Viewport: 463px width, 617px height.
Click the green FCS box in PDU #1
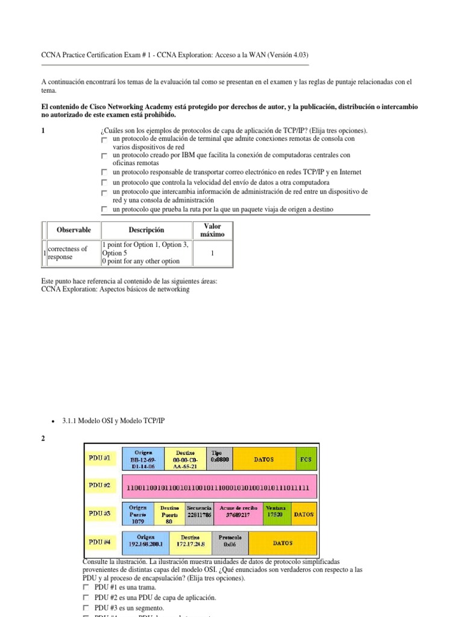click(306, 459)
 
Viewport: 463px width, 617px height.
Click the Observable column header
click(74, 230)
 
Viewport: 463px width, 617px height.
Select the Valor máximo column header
click(212, 230)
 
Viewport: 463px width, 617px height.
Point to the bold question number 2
click(43, 439)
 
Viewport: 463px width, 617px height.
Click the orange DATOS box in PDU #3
click(304, 515)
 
